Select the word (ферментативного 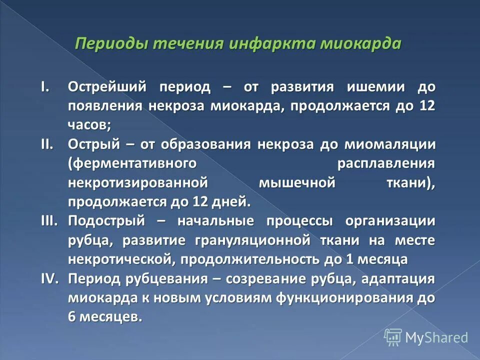(x=130, y=163)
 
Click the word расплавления (x=385, y=163)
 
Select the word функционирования (x=341, y=297)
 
